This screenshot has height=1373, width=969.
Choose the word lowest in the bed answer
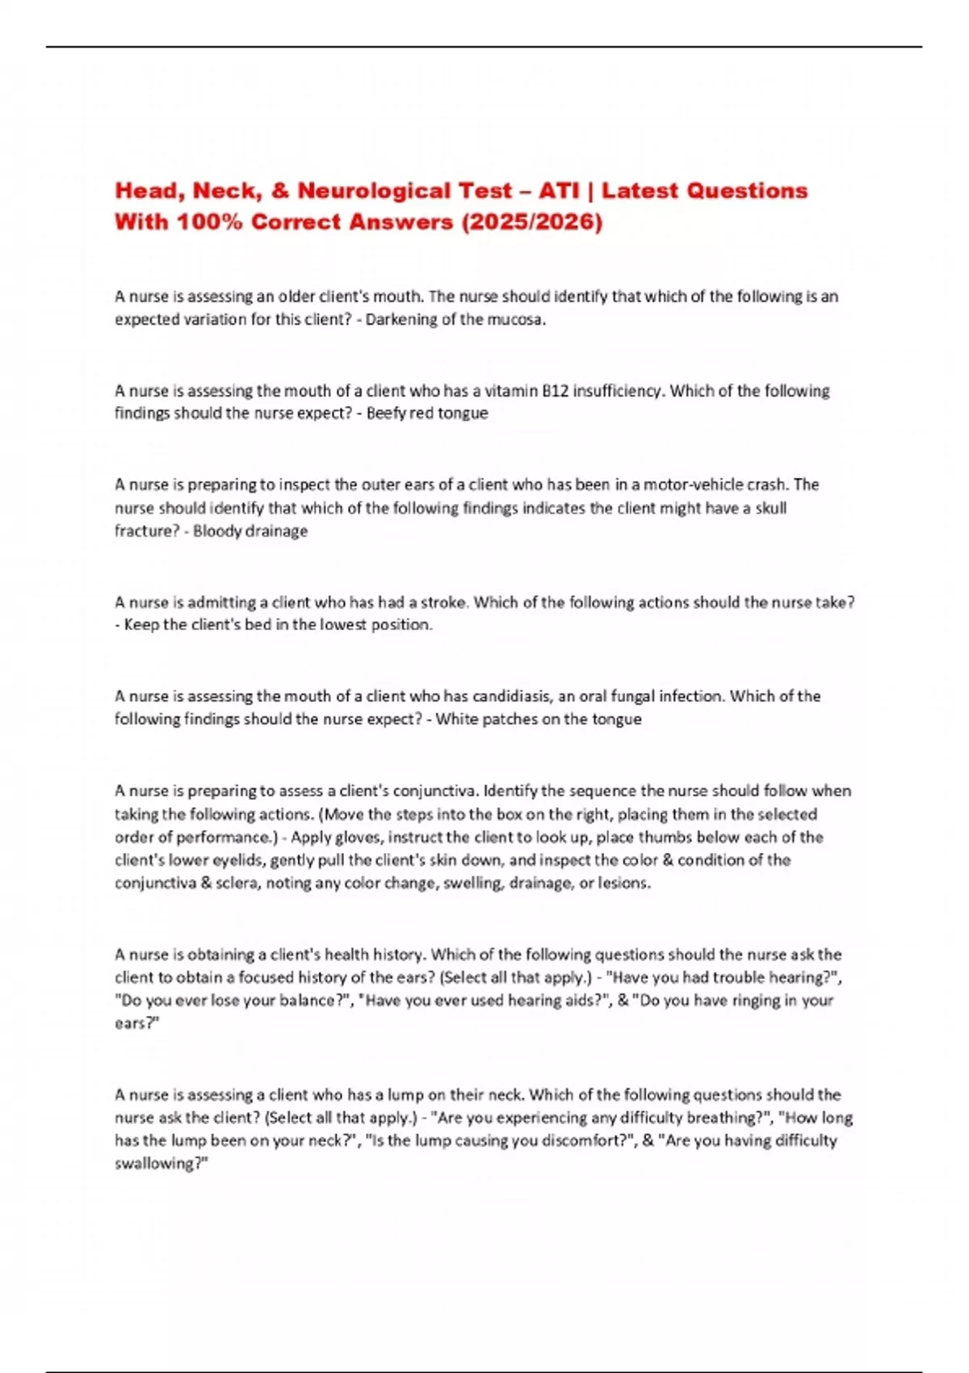343,625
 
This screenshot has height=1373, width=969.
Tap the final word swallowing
160,1165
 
